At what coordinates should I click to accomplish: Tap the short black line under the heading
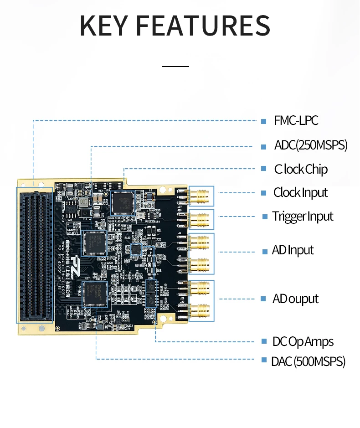(x=175, y=67)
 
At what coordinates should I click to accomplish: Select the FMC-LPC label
(x=296, y=121)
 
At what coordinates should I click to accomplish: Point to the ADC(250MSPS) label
(x=310, y=145)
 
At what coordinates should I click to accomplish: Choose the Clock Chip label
(x=300, y=169)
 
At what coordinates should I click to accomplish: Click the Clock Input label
(x=300, y=192)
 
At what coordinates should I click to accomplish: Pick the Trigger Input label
(x=303, y=216)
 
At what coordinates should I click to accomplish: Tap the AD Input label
(x=293, y=250)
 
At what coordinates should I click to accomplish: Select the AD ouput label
(x=295, y=299)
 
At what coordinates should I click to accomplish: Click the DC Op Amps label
(x=303, y=341)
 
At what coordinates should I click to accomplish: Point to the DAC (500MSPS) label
(x=308, y=362)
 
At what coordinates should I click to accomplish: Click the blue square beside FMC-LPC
(x=263, y=121)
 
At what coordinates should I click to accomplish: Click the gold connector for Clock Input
(x=200, y=197)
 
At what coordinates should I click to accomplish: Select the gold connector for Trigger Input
(x=200, y=220)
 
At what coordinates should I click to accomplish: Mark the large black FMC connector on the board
(x=35, y=255)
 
